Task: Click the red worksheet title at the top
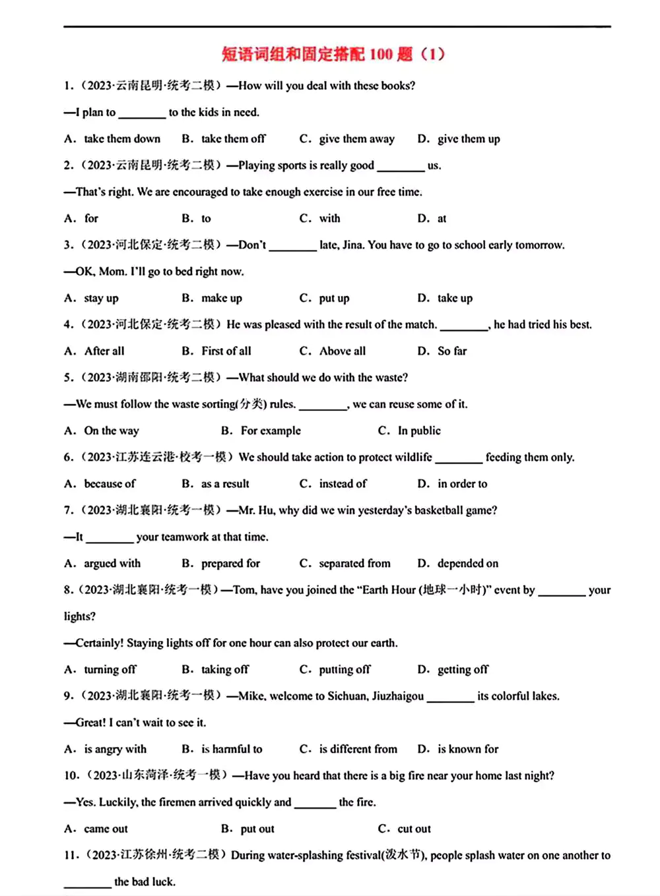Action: click(x=333, y=54)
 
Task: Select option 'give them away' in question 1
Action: click(x=356, y=138)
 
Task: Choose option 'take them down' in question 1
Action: click(x=122, y=138)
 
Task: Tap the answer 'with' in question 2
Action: click(x=329, y=218)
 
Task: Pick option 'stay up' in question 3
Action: click(x=101, y=298)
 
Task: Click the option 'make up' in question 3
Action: click(x=222, y=298)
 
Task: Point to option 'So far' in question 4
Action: click(x=452, y=351)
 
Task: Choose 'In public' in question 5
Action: click(x=419, y=431)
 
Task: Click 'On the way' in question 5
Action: click(x=112, y=431)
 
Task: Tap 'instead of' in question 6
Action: click(x=343, y=483)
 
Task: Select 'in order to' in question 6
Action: click(x=462, y=483)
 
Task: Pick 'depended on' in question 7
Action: click(x=468, y=563)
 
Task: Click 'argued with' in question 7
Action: click(x=112, y=563)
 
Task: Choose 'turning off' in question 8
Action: click(x=110, y=669)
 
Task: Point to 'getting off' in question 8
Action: click(x=463, y=669)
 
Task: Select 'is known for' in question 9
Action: click(x=468, y=749)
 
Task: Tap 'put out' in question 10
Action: click(x=257, y=829)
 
